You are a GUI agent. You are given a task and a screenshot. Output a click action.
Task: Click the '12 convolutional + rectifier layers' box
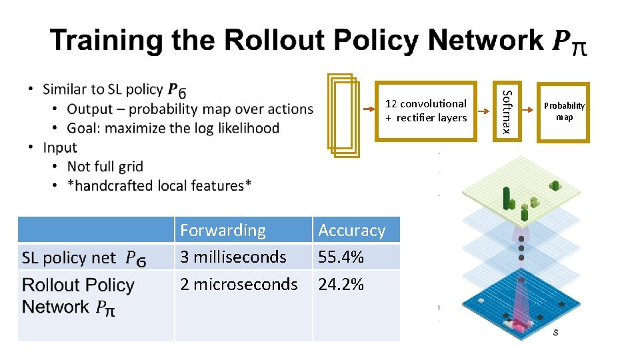point(426,111)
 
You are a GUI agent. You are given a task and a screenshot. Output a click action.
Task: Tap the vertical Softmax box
point(507,111)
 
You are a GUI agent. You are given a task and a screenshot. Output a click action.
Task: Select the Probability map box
point(564,111)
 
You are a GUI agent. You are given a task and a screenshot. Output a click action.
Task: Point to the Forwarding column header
point(223,231)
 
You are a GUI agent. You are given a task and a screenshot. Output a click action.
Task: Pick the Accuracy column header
point(352,231)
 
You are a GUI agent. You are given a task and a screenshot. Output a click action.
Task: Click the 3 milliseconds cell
point(233,257)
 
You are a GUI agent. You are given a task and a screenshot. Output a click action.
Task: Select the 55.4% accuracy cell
point(340,257)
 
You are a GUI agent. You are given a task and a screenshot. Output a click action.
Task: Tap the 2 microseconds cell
point(239,284)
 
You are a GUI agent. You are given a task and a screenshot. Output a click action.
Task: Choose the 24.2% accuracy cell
point(341,285)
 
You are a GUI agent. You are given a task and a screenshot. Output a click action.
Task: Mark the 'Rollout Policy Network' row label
point(78,295)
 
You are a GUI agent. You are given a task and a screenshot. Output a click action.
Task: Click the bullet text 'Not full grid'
point(105,166)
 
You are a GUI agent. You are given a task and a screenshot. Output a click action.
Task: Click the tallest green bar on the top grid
point(507,197)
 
